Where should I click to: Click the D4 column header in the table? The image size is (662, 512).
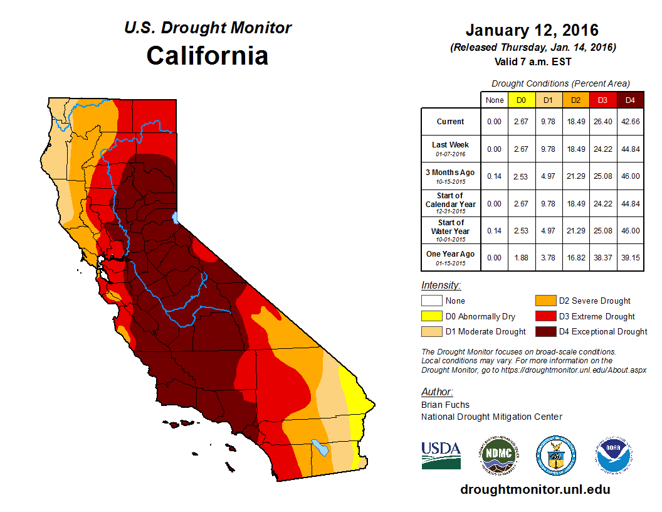[630, 100]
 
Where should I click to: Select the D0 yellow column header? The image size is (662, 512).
[521, 100]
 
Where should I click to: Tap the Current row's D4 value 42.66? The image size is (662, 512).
[630, 122]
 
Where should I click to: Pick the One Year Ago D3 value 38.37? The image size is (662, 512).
[603, 257]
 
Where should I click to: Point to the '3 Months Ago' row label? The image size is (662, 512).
[451, 176]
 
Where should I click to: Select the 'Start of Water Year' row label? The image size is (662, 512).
[451, 230]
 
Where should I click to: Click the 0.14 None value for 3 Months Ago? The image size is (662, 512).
[495, 176]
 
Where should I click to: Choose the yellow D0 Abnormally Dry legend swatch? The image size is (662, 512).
[431, 316]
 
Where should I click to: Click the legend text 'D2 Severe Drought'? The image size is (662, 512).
[594, 301]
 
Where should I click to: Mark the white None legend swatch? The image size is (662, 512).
[431, 301]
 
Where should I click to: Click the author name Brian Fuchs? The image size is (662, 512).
[445, 405]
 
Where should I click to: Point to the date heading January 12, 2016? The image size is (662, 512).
[532, 30]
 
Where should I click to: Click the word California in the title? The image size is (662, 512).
[208, 55]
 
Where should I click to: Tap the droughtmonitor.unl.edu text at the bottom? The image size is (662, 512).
[535, 489]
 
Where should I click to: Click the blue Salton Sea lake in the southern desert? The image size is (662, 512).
[321, 448]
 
